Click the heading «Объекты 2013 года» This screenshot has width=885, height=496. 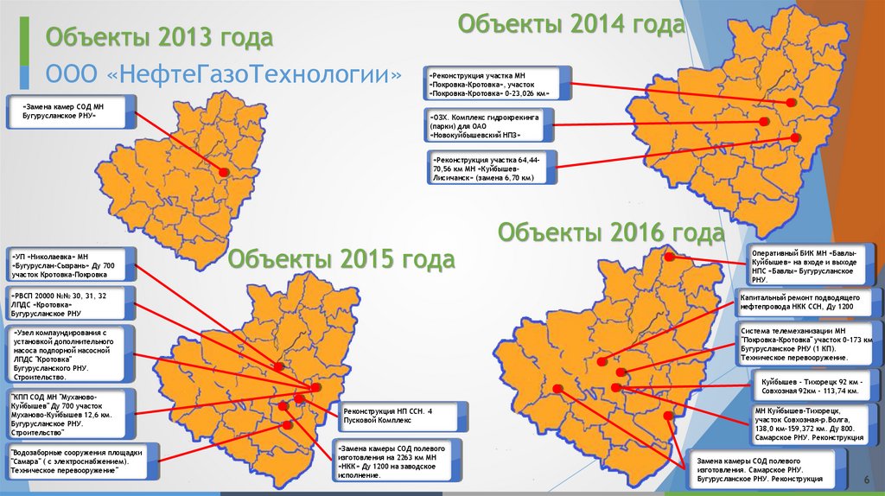[159, 38]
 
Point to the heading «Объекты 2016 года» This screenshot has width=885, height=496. [610, 232]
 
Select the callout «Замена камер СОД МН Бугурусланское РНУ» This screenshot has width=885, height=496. [70, 110]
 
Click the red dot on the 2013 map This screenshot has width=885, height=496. [222, 173]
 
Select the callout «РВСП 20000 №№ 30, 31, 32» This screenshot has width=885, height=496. [70, 304]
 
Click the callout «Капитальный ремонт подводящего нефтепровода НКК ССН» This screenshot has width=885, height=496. [809, 302]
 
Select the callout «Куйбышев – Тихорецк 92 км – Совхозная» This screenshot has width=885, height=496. [809, 385]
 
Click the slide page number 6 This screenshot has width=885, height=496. [865, 480]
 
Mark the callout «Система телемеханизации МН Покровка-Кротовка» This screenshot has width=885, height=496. [809, 344]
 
